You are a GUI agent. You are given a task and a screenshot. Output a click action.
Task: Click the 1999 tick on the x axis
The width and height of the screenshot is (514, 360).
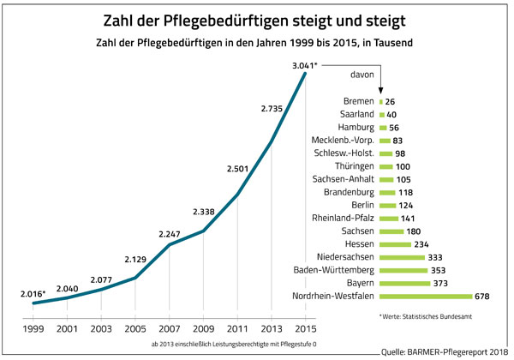tap(33, 327)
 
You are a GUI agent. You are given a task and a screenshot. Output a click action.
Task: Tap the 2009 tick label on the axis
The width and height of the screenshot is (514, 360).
tap(203, 327)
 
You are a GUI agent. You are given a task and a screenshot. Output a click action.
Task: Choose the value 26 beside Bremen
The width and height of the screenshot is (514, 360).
tap(390, 101)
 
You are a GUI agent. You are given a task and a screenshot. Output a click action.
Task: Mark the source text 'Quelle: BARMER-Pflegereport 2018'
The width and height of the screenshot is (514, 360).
tap(445, 351)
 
